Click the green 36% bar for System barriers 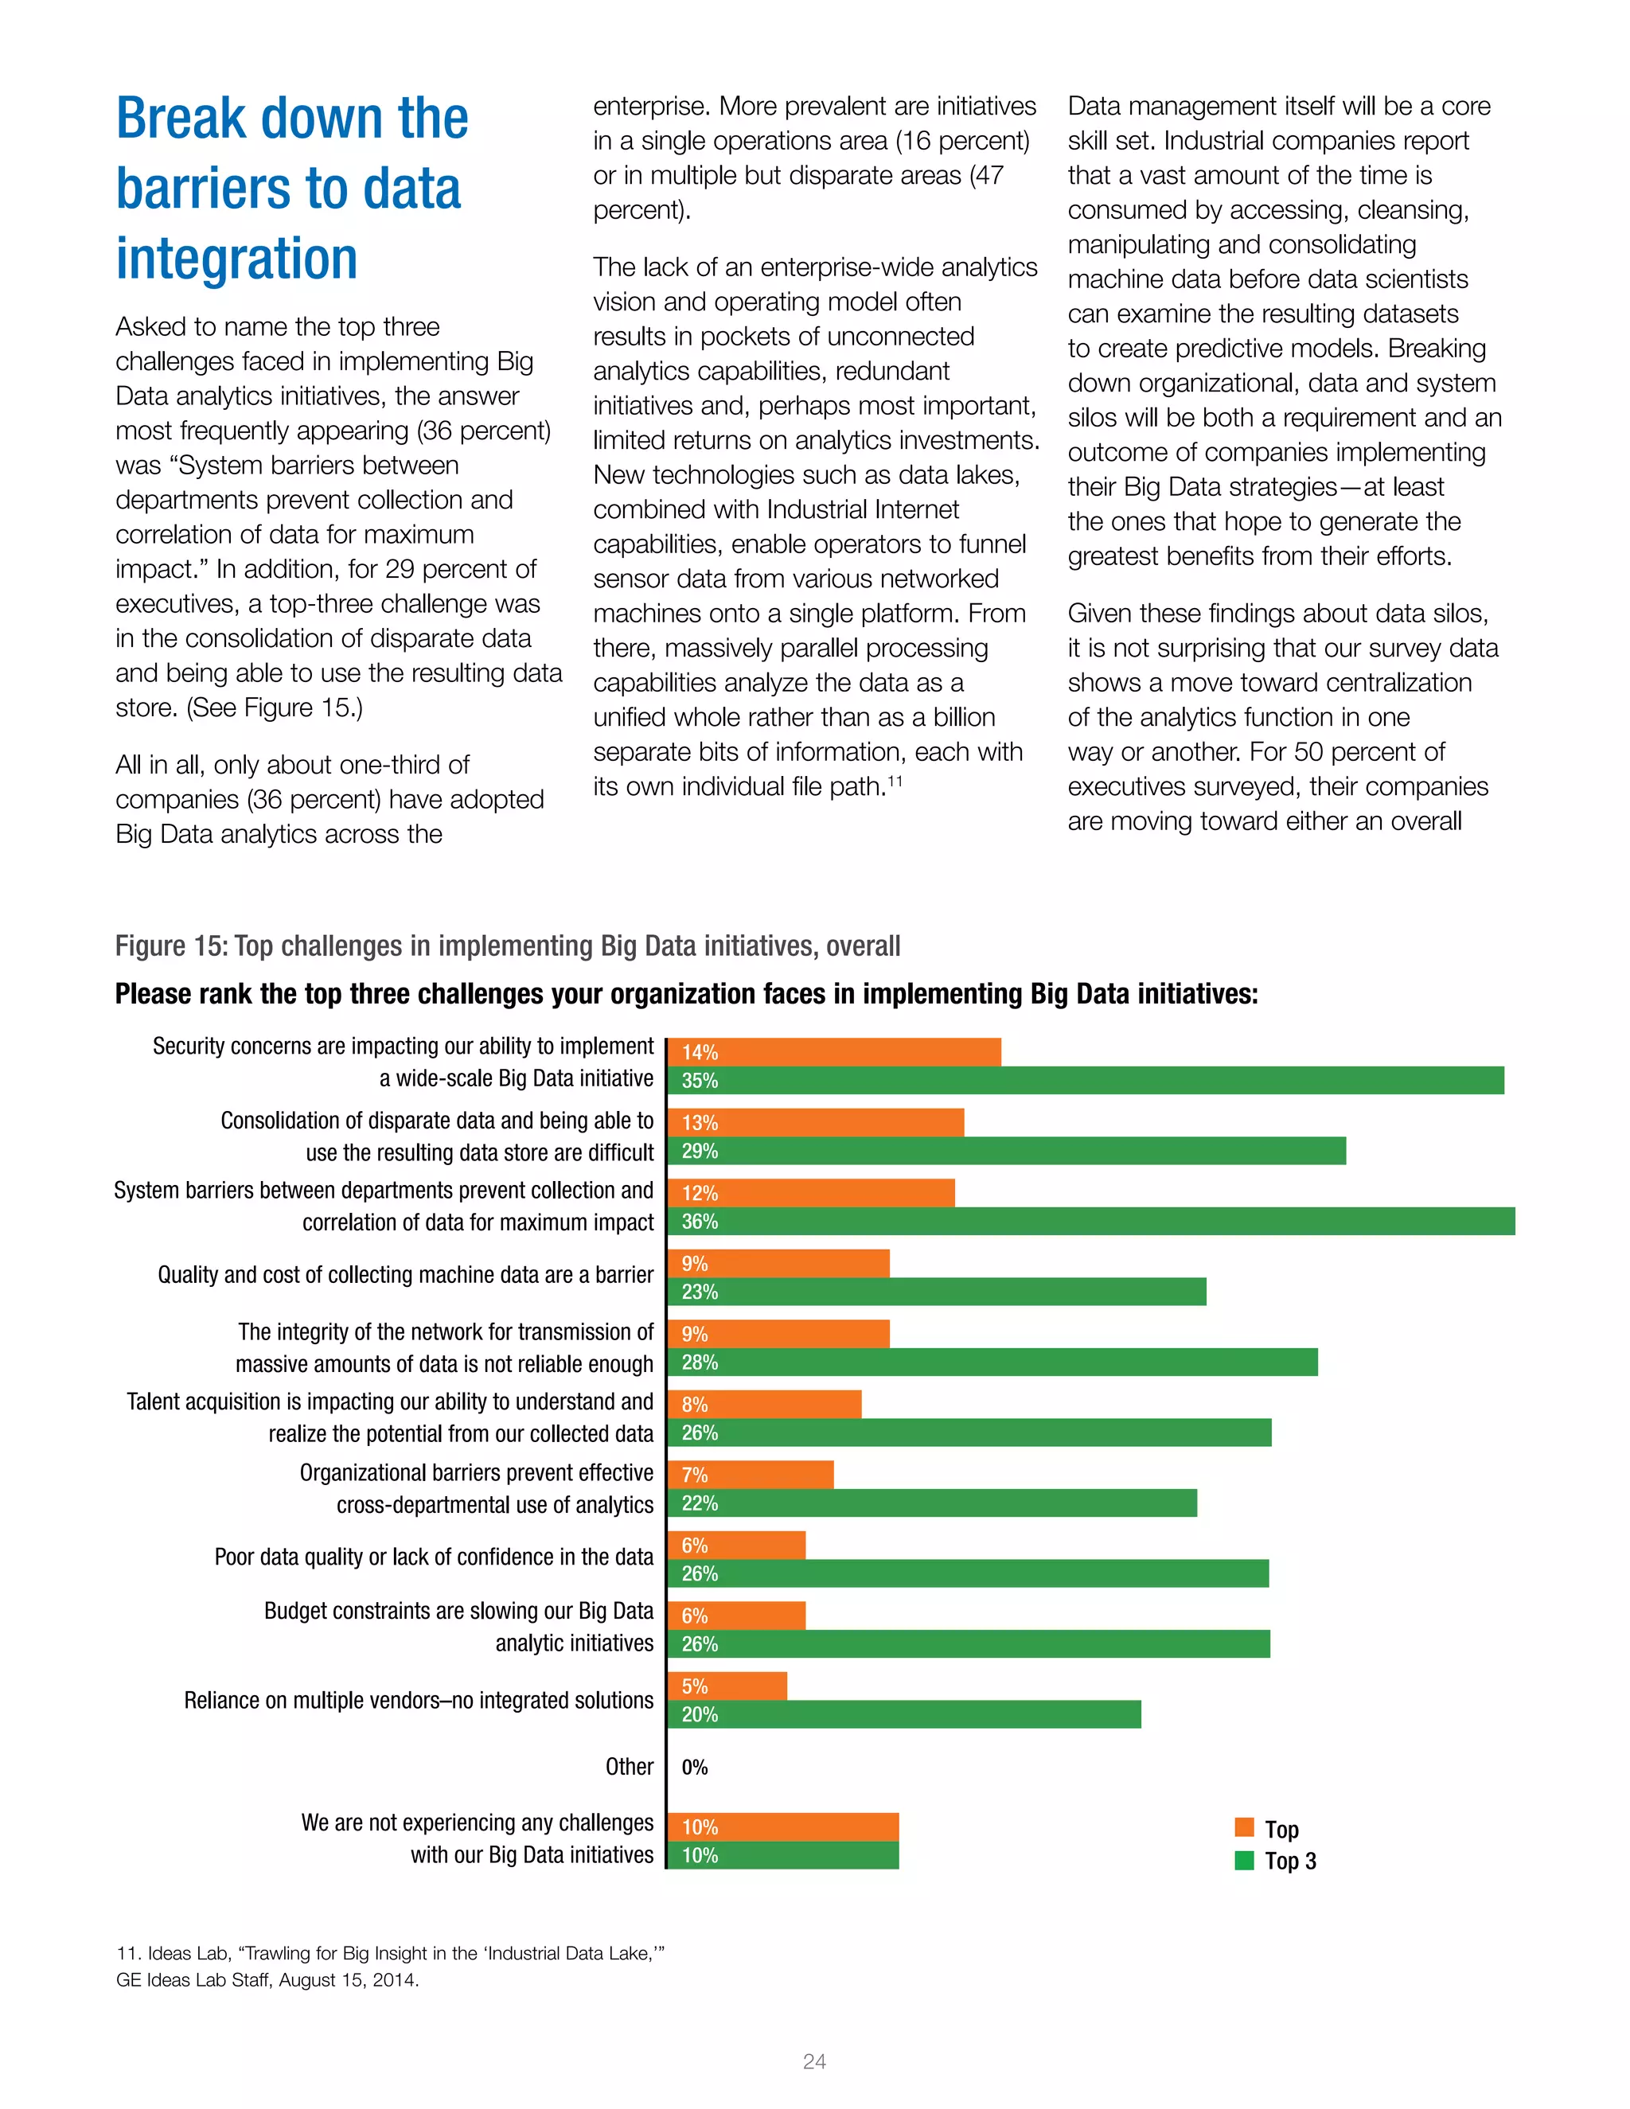point(1091,1221)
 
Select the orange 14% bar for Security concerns point(834,1051)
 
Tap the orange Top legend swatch point(1244,1828)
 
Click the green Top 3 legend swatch point(1244,1860)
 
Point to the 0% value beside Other point(694,1767)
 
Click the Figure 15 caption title point(507,945)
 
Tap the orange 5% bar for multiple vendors point(727,1686)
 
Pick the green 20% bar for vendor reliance point(904,1714)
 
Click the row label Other point(629,1767)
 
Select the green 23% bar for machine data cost point(937,1291)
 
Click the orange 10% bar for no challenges point(783,1827)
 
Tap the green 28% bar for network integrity point(992,1362)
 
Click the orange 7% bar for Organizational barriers point(751,1475)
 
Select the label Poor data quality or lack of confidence point(434,1557)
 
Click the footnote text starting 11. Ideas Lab point(390,1966)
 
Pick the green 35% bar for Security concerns point(1086,1080)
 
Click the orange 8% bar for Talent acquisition point(764,1404)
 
